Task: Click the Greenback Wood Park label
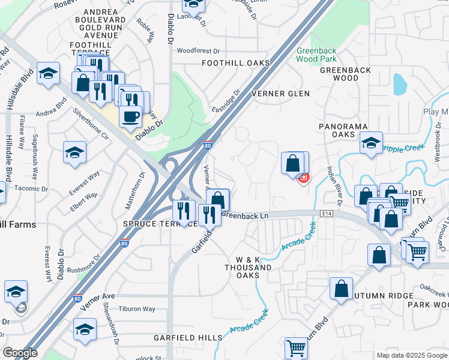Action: pyautogui.click(x=316, y=55)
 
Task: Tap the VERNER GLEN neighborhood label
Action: pyautogui.click(x=280, y=94)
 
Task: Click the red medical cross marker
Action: pyautogui.click(x=304, y=178)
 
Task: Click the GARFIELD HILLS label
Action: pyautogui.click(x=187, y=338)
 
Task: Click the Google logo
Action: pyautogui.click(x=20, y=353)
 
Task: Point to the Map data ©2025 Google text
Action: pyautogui.click(x=411, y=355)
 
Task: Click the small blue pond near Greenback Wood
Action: pyautogui.click(x=399, y=84)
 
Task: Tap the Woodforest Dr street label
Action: pyautogui.click(x=199, y=52)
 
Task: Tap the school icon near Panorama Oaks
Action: pyautogui.click(x=371, y=143)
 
